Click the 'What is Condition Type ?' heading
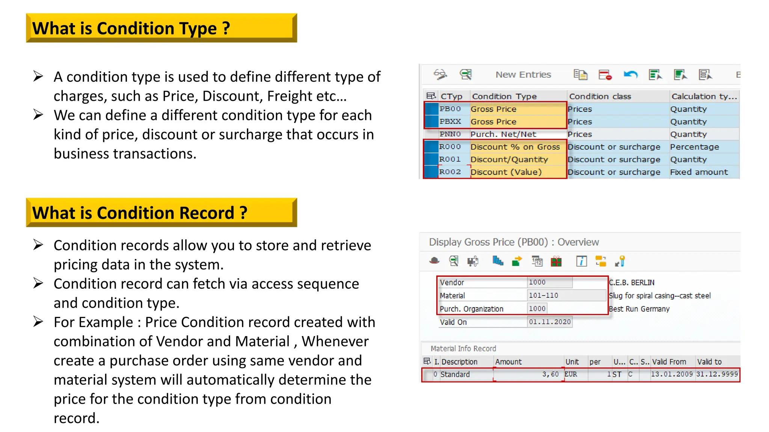(131, 28)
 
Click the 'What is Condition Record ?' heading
(140, 213)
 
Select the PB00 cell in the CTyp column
(450, 109)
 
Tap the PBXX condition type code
(450, 121)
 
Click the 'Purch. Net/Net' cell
(503, 134)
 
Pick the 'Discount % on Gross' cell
(515, 147)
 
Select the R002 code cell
(450, 172)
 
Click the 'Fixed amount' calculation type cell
(698, 172)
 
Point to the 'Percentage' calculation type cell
(694, 147)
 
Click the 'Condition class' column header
(600, 96)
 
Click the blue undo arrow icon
(630, 75)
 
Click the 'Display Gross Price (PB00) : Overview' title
(514, 242)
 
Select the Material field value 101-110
(543, 295)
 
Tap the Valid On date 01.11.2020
(549, 322)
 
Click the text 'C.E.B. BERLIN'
(631, 283)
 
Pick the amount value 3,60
(550, 374)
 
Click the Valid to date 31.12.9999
(717, 374)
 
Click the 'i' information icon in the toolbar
(581, 261)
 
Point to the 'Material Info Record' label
(463, 349)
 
